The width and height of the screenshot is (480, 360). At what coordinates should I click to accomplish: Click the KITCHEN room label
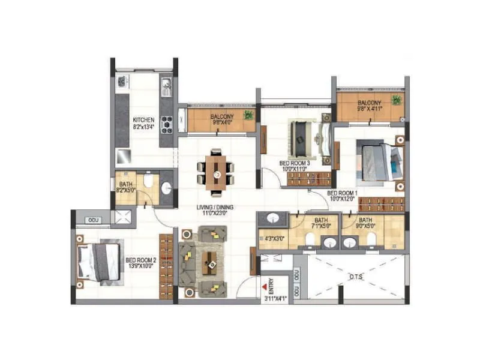pos(143,119)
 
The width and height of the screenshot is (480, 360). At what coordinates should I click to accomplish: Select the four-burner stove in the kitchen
pos(166,124)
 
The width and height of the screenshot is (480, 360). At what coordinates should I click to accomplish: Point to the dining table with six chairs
pos(215,172)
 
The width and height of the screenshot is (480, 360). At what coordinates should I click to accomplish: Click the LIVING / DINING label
pos(215,208)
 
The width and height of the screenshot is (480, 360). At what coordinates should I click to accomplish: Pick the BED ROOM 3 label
pos(295,163)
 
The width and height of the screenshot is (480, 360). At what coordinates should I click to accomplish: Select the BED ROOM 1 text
pos(342,193)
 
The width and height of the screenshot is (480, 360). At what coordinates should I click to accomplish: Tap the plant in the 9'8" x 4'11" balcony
pos(395,100)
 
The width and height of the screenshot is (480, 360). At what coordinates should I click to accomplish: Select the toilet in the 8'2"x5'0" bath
pos(148,180)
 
